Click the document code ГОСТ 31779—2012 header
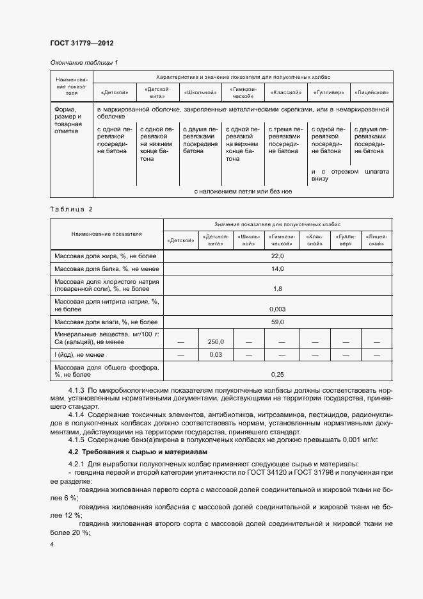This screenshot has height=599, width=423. (x=81, y=44)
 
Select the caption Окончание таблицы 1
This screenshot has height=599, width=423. (x=84, y=62)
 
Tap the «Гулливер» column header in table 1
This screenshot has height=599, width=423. (x=330, y=93)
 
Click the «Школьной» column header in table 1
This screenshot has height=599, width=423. (x=200, y=93)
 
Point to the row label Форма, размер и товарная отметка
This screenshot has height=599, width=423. (x=69, y=120)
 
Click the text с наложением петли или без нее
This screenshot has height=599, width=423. (x=243, y=191)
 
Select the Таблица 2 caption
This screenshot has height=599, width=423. (x=71, y=209)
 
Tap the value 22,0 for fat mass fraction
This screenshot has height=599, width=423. (x=277, y=256)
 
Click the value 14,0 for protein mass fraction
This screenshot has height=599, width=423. (x=277, y=268)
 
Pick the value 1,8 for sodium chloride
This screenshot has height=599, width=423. (x=277, y=289)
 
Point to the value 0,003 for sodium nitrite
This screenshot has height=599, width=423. (x=277, y=309)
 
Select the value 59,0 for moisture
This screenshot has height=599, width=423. (x=277, y=322)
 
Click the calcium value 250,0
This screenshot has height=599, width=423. (x=215, y=341)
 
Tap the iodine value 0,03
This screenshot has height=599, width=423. (x=215, y=354)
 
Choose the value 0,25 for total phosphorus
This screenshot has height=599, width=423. (x=277, y=374)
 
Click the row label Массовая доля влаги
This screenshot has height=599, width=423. (x=106, y=322)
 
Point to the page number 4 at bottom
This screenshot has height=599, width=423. (x=52, y=545)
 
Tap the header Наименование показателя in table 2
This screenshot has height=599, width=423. (x=107, y=234)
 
